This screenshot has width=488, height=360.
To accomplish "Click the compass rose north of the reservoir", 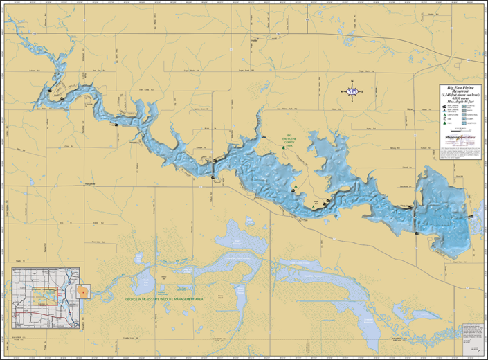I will pos(352,91).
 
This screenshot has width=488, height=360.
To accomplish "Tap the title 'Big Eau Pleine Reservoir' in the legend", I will pos(459,89).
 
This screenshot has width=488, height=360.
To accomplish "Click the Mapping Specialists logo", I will pos(457,137).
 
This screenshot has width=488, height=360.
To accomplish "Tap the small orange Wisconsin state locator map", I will pos(84,293).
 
